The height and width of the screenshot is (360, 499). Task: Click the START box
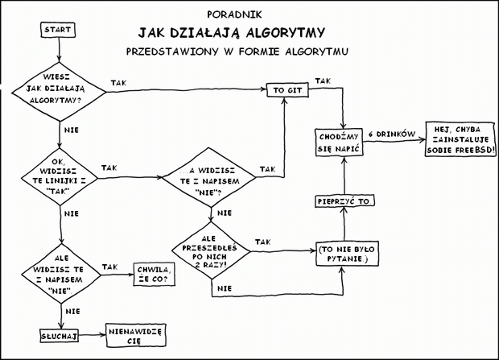(x=56, y=30)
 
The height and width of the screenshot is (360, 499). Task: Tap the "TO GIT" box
(x=287, y=91)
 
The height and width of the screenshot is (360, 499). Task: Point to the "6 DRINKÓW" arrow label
(x=390, y=133)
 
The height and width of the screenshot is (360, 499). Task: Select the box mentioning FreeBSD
(x=457, y=140)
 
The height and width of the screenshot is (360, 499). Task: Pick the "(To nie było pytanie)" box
(x=344, y=254)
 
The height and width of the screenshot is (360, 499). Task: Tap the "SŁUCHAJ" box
(x=57, y=333)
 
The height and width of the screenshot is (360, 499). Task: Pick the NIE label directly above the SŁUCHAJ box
(x=71, y=310)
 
